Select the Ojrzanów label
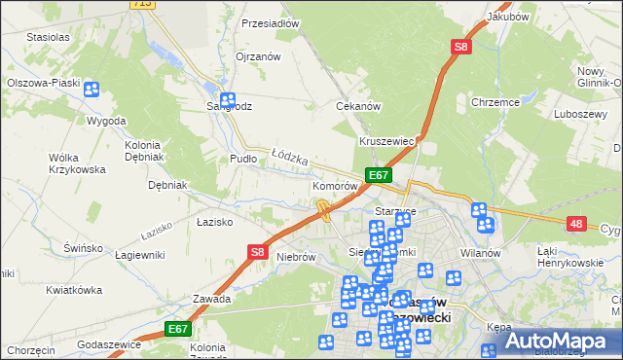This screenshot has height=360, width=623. pyautogui.click(x=258, y=56)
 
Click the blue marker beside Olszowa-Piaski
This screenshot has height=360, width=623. pyautogui.click(x=92, y=90)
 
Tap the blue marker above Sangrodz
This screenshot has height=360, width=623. pyautogui.click(x=227, y=99)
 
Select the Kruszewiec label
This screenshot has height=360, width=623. pyautogui.click(x=387, y=141)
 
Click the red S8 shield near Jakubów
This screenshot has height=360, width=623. pyautogui.click(x=459, y=46)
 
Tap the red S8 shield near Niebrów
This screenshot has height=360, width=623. pyautogui.click(x=256, y=251)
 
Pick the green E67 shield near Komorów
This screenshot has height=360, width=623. pyautogui.click(x=379, y=175)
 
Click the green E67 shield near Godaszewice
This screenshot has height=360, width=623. pyautogui.click(x=176, y=330)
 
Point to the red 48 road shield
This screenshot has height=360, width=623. pyautogui.click(x=577, y=224)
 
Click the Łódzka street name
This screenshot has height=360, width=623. pyautogui.click(x=290, y=155)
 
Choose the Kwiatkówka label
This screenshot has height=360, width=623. pyautogui.click(x=74, y=290)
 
